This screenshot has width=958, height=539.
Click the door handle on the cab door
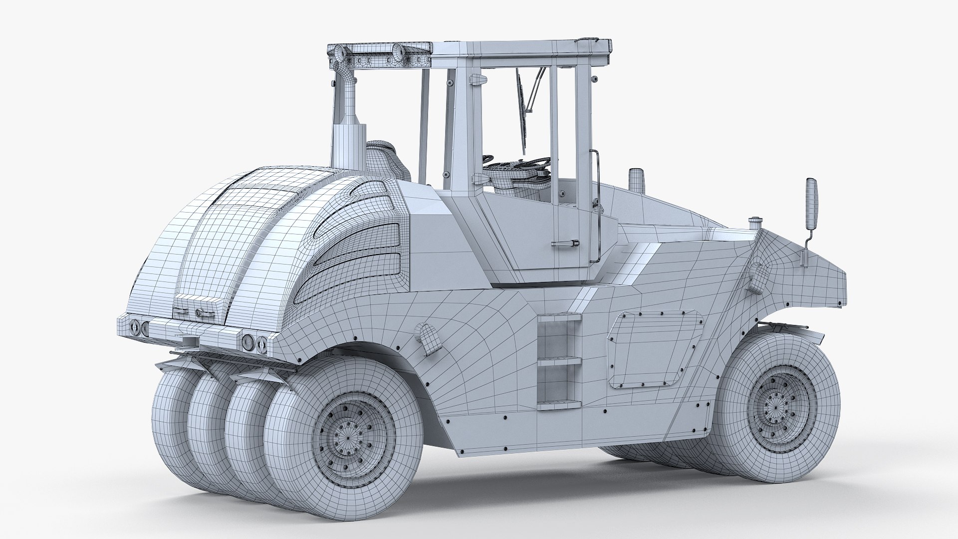[565, 244]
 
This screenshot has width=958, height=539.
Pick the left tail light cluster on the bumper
[139, 327]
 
